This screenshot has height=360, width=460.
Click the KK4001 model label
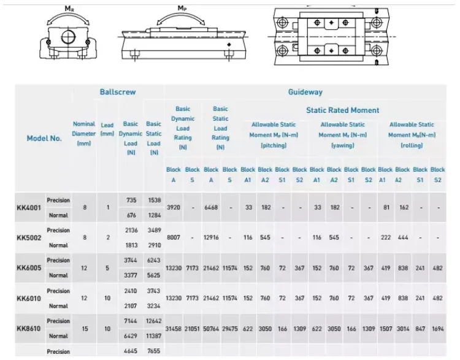(x=28, y=207)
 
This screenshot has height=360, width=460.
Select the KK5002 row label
(x=28, y=237)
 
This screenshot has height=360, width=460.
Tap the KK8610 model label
(x=28, y=329)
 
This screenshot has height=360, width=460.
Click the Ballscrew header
(x=118, y=92)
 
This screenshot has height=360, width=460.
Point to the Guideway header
(x=305, y=92)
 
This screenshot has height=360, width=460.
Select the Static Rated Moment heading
(x=342, y=110)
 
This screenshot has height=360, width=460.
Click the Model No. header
(x=44, y=138)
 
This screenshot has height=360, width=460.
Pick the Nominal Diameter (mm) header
(x=84, y=133)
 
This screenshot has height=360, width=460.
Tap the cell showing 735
(x=131, y=200)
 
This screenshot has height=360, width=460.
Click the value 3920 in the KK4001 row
(x=174, y=207)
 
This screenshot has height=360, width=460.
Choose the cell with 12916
(x=211, y=237)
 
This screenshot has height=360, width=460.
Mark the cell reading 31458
(x=174, y=329)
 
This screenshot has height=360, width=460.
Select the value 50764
(x=211, y=329)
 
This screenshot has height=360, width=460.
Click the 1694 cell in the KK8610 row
(x=437, y=329)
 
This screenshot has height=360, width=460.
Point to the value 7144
(x=131, y=321)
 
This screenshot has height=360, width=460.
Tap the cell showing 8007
(x=174, y=237)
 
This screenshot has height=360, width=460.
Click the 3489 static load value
(x=154, y=230)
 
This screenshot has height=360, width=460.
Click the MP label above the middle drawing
(x=182, y=8)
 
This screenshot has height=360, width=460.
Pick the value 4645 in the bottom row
(x=131, y=351)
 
